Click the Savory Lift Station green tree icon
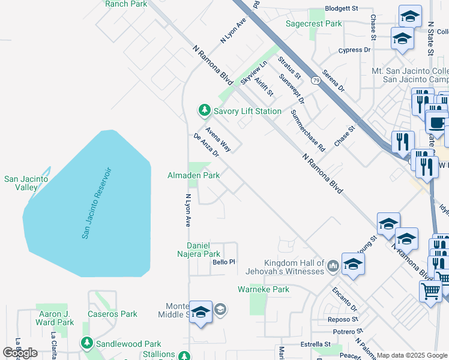point(205,110)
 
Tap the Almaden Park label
point(193,175)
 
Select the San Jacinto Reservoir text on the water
point(97,203)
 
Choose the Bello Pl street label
point(223,262)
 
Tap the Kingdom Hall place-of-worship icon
point(333,264)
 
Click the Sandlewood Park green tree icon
point(88,343)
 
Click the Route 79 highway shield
point(315,80)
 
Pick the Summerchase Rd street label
point(307,130)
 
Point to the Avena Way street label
point(218,139)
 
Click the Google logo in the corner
point(20,353)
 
